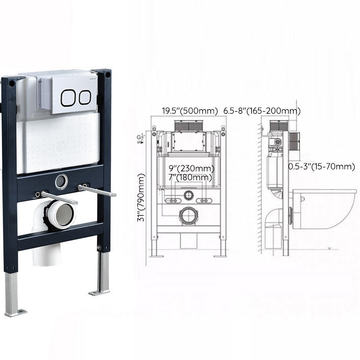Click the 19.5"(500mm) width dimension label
tap(190, 111)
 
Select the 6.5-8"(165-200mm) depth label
tap(262, 111)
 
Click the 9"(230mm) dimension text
tap(191, 168)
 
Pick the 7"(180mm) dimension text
tap(190, 177)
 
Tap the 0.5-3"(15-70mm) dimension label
tap(321, 166)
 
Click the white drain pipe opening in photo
tap(62, 216)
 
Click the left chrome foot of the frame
tap(13, 295)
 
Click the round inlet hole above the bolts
tap(61, 181)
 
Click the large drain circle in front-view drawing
tap(188, 216)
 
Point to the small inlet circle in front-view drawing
tap(188, 196)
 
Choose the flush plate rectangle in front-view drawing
tap(189, 140)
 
